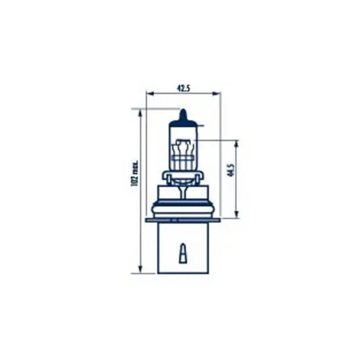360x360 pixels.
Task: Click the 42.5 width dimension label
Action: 184,88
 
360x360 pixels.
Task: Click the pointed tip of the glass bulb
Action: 183,110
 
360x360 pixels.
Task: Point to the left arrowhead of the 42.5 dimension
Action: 150,94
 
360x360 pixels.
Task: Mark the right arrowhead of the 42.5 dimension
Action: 216,94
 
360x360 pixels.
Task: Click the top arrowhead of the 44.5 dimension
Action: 237,144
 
